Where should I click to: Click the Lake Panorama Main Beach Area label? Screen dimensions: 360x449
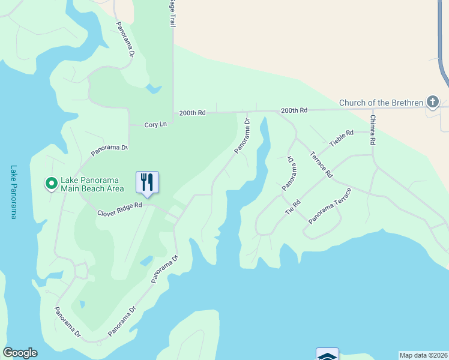click(92, 184)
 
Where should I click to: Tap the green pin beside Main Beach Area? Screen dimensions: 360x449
click(52, 182)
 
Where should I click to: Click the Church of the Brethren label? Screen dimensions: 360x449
click(381, 103)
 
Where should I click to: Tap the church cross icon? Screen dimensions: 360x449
click(433, 101)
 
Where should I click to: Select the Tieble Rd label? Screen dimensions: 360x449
click(342, 140)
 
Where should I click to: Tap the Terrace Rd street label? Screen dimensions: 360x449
click(321, 164)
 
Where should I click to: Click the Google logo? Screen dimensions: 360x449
click(20, 353)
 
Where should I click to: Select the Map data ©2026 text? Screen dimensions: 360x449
click(423, 355)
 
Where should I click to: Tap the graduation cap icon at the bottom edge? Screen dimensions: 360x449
click(327, 355)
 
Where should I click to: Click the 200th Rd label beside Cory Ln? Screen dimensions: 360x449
click(192, 113)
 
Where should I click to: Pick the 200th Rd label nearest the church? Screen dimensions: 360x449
click(294, 110)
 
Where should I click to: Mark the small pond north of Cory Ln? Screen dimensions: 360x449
click(153, 90)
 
